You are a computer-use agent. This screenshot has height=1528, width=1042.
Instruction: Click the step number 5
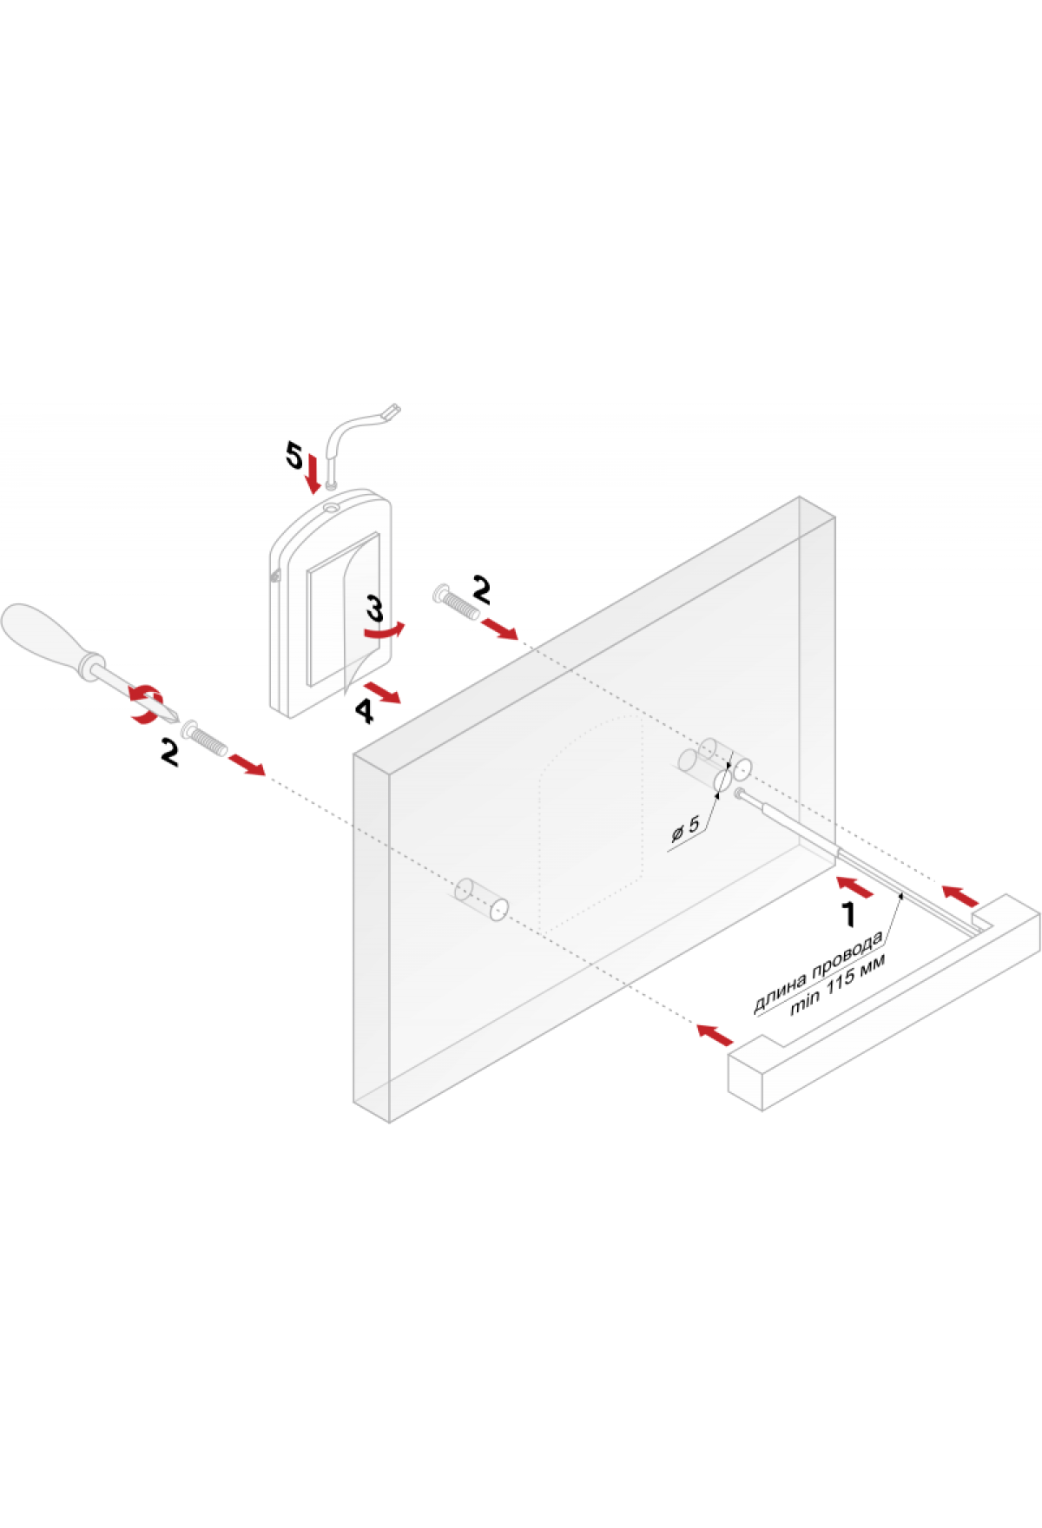tap(295, 455)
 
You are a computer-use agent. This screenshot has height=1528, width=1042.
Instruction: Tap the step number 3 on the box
tap(374, 608)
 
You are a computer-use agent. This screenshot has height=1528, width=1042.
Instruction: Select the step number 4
tap(364, 711)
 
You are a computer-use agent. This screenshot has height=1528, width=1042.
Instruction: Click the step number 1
tap(848, 914)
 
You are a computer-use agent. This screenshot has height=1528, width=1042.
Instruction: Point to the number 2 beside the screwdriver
tap(169, 752)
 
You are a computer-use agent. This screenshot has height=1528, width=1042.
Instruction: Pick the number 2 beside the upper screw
tap(481, 589)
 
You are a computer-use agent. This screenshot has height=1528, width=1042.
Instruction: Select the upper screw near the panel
tap(455, 602)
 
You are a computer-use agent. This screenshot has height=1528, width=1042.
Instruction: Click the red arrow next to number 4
tap(383, 693)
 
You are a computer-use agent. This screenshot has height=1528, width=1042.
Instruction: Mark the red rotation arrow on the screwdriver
tap(146, 703)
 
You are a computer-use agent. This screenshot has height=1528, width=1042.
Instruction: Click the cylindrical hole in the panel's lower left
tap(480, 899)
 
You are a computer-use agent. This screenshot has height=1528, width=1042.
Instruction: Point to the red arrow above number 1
tap(856, 887)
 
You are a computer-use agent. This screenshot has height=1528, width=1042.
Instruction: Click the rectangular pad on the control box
tap(344, 608)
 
